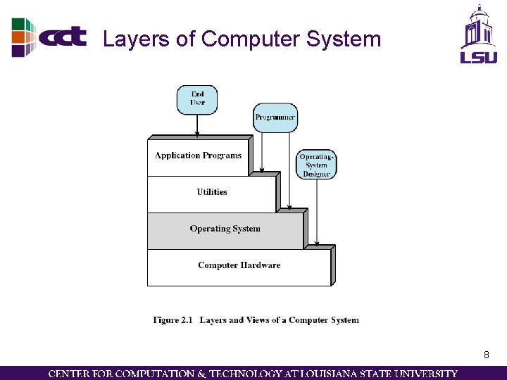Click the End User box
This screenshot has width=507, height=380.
tap(197, 99)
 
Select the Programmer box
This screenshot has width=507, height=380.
tap(275, 117)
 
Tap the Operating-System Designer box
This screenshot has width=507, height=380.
tap(316, 165)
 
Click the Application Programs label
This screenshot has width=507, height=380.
tap(198, 156)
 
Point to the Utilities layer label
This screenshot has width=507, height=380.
tap(212, 192)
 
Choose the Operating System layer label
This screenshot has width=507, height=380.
tap(225, 229)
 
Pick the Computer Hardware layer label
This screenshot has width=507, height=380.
tap(239, 265)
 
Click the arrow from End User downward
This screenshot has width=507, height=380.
tap(197, 125)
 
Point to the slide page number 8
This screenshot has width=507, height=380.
tap(486, 355)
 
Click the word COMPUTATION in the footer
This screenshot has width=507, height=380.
tap(146, 374)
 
